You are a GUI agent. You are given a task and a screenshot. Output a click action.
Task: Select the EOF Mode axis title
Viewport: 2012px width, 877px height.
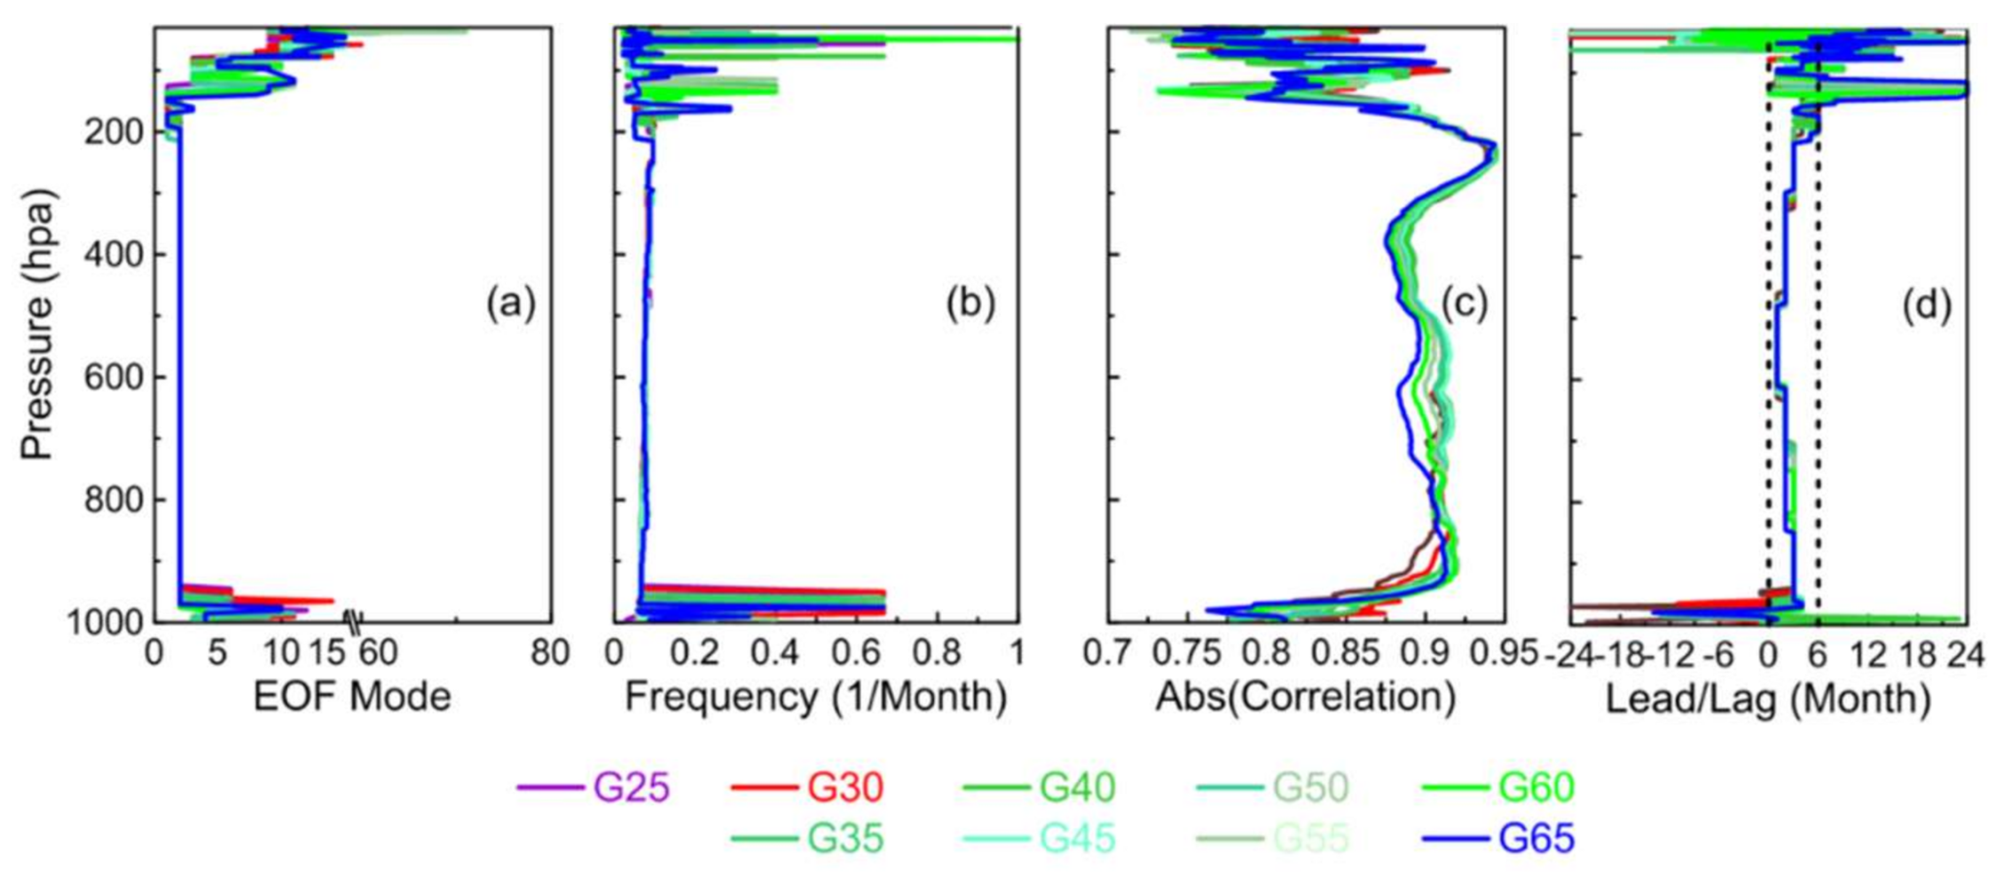coord(352,697)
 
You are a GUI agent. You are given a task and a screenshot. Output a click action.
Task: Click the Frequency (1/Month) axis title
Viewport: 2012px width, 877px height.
coord(815,697)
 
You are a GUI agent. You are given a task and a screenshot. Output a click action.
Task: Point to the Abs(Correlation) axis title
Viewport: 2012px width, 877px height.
coord(1305,697)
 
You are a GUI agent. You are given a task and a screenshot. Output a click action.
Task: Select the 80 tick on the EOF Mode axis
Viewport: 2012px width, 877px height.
coord(549,654)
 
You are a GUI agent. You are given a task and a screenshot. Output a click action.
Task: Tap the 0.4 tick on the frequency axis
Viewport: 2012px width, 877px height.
coord(776,654)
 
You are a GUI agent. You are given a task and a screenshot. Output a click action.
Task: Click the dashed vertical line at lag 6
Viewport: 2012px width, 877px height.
coord(1818,355)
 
